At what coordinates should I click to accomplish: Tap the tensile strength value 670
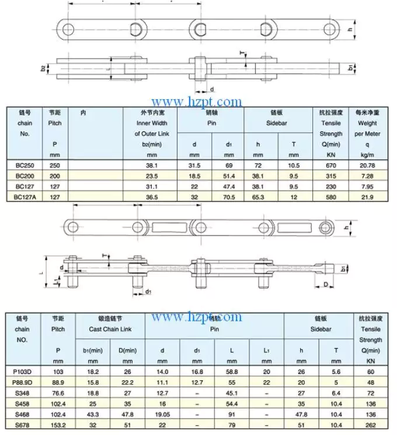click(x=330, y=166)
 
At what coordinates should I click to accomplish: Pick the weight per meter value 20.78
click(x=367, y=166)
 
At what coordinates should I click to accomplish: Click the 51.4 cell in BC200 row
click(x=229, y=177)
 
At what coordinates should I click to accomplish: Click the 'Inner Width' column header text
click(x=152, y=124)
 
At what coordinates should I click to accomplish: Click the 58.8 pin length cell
click(x=232, y=371)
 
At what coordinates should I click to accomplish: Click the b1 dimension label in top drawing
click(x=351, y=68)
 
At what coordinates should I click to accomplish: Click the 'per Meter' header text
click(x=367, y=134)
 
